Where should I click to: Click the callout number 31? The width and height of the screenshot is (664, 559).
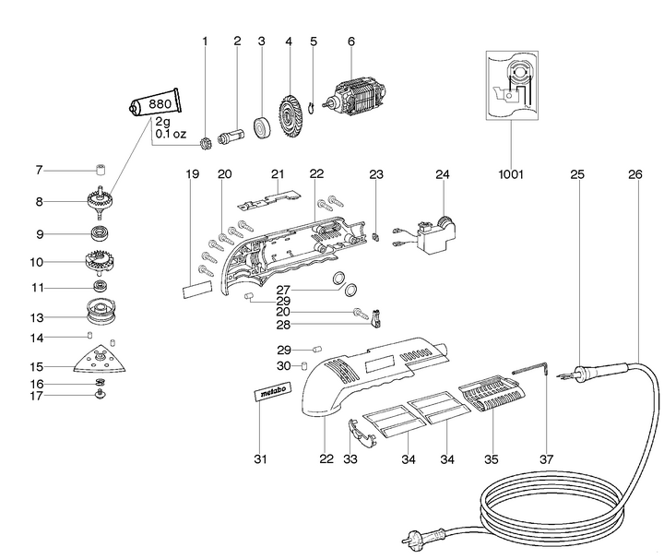click(259, 458)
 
